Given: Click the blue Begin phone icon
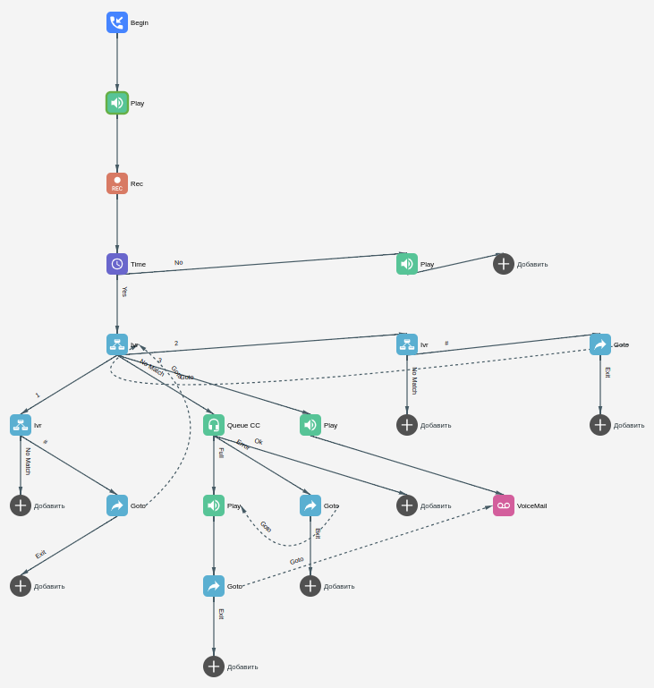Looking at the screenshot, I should pos(117,22).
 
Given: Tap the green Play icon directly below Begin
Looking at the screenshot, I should pos(117,103).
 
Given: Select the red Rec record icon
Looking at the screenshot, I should pos(117,183).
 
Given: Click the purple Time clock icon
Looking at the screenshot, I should pos(117,264).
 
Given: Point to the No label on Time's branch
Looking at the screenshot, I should pos(178,263).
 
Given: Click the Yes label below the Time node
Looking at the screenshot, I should pos(124,292).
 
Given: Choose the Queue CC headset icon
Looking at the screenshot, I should pos(214,425).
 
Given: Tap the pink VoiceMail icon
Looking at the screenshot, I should pos(504,505).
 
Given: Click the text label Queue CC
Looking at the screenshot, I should pos(243,426).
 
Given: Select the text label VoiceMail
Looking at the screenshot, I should pos(531,506).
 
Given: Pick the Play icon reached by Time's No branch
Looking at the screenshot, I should pos(407,264).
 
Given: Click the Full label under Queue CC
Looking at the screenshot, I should pos(221,453).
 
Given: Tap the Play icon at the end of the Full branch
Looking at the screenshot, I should pos(214,505).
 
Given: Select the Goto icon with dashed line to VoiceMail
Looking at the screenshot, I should pos(214,586).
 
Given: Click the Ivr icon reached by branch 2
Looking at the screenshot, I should pos(407,344).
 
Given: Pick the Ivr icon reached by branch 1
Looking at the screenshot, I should pos(21,425).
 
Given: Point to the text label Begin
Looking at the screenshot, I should pos(140,23).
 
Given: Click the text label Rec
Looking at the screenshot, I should pos(137,184).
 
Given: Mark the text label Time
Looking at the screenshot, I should pos(138,265).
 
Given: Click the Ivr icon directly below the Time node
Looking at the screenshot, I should pos(117,344).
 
